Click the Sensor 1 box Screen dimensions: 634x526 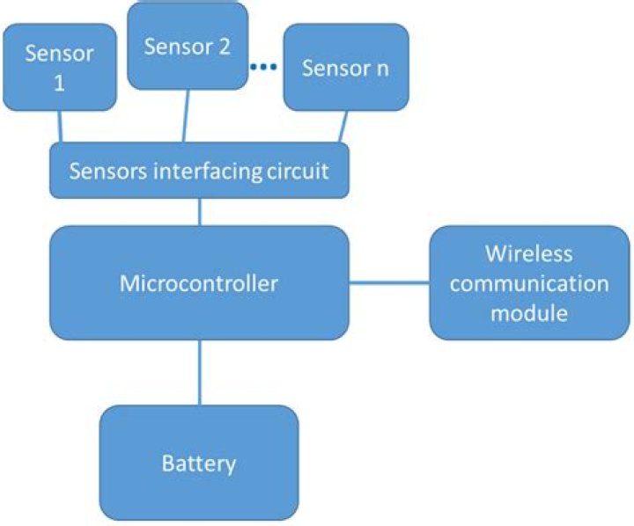point(60,67)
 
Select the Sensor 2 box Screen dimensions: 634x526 point(188,46)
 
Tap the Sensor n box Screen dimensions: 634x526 point(346,67)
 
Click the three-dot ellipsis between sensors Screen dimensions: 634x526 point(263,67)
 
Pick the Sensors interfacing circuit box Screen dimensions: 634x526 point(199,170)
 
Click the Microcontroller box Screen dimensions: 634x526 point(199,283)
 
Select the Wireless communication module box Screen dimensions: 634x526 point(530,283)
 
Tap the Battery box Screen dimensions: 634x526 point(199,463)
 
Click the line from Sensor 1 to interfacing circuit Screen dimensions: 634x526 point(60,126)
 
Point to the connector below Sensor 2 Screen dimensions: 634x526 point(186,115)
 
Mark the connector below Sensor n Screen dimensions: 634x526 point(343,126)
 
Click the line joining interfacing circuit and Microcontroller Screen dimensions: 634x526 point(200,212)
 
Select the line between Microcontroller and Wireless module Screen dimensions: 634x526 point(389,283)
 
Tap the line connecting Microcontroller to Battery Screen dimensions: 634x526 point(200,372)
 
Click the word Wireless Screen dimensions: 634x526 point(529,253)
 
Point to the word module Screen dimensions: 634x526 point(529,313)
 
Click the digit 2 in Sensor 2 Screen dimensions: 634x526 point(224,47)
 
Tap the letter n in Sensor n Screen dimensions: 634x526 point(382,69)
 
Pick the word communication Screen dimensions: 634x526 point(529,283)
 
